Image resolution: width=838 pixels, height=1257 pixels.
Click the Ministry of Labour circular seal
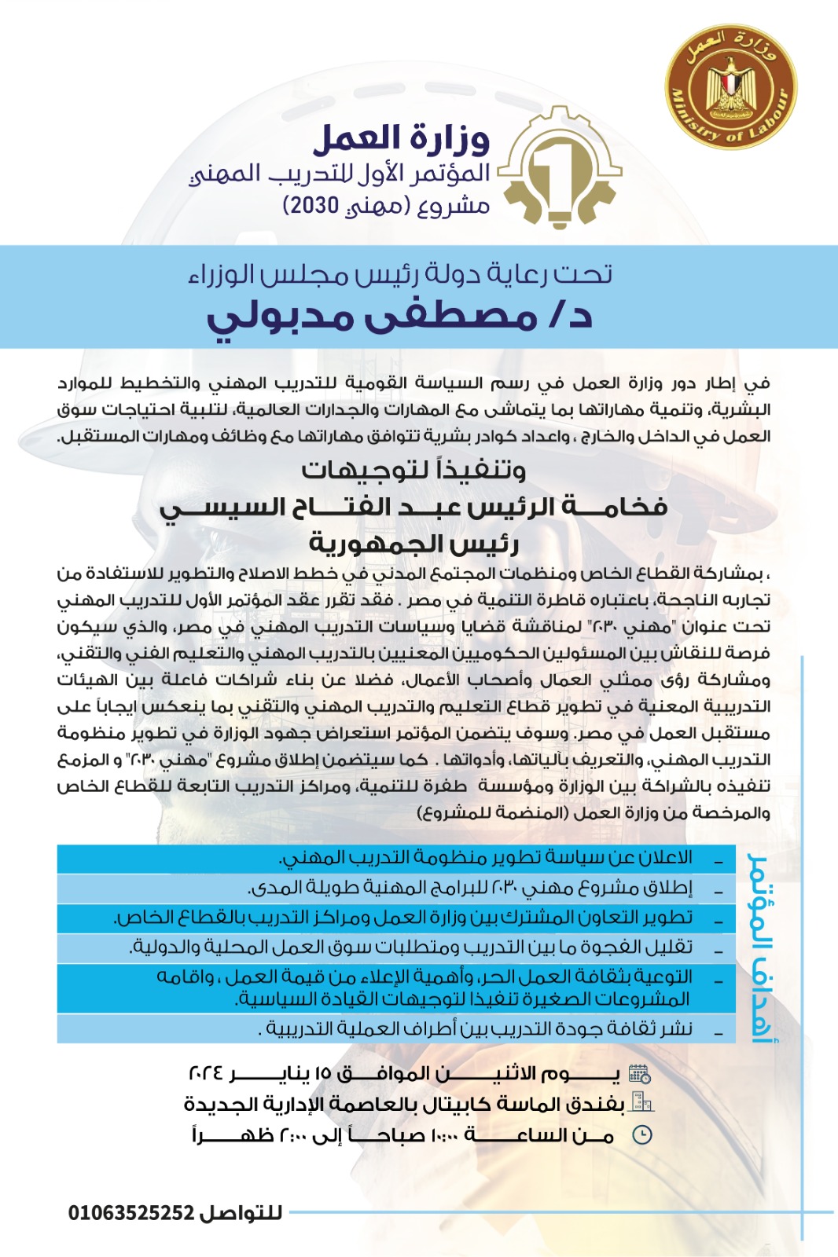coord(730,87)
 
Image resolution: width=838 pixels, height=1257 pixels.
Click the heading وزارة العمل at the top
coord(401,139)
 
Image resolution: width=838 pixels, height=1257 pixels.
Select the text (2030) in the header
coord(311,206)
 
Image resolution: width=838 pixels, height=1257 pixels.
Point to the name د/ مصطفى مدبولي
coord(399,316)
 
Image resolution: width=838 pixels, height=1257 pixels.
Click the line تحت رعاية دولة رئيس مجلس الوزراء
coord(401,274)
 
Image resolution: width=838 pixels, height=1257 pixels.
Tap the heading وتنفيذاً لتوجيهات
coord(413,470)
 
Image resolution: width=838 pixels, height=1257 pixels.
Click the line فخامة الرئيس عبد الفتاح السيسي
coord(413,507)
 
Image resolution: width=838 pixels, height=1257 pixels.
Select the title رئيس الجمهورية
coord(413,542)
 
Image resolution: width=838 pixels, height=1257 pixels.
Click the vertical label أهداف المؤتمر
coord(760,947)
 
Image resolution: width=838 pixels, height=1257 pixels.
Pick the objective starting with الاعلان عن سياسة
coord(485,858)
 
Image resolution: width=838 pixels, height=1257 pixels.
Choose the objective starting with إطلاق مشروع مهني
coord(469,888)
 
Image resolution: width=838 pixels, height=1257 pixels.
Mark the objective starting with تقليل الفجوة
coord(410,947)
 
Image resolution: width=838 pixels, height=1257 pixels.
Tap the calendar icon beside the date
coord(639,1074)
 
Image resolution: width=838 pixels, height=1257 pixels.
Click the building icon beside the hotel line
coord(641,1104)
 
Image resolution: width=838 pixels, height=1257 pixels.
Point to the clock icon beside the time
coord(642,1134)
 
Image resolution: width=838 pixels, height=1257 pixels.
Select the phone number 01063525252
coord(131,1213)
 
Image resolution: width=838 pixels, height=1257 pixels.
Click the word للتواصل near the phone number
coord(241,1213)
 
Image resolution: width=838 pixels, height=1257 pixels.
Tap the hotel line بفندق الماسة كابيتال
coord(404,1104)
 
